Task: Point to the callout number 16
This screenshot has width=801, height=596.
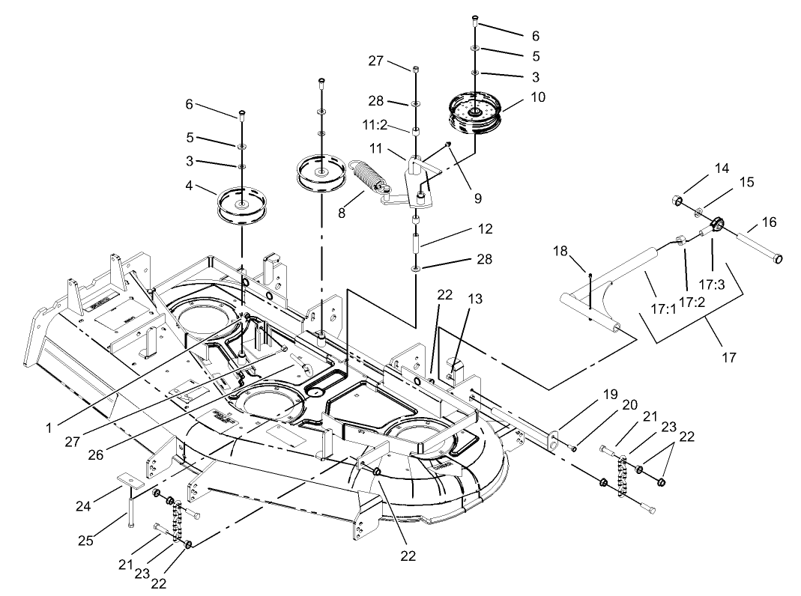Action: point(770,222)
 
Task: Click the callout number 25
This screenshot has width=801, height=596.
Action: point(86,541)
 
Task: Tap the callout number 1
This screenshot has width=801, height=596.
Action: point(49,428)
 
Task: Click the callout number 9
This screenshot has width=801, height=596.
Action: point(478,198)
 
